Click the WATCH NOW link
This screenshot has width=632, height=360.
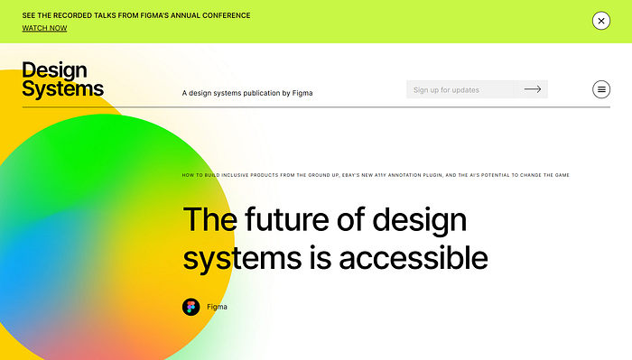pos(44,28)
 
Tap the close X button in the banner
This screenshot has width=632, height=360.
pos(601,21)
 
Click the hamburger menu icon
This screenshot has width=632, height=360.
pos(601,89)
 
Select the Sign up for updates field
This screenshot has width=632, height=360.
pos(460,89)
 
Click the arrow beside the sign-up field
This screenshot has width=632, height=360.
pos(533,89)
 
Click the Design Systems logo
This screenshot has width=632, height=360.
pos(62,79)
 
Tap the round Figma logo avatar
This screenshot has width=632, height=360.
pos(191,307)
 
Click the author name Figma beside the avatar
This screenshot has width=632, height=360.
pos(217,307)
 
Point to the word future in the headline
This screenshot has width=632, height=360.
pos(287,219)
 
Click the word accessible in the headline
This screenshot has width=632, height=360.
pos(414,258)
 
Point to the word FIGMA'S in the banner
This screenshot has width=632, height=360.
pos(154,15)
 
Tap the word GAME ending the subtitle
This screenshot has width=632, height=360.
pos(562,175)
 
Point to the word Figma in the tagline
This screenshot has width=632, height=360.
pos(302,93)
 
